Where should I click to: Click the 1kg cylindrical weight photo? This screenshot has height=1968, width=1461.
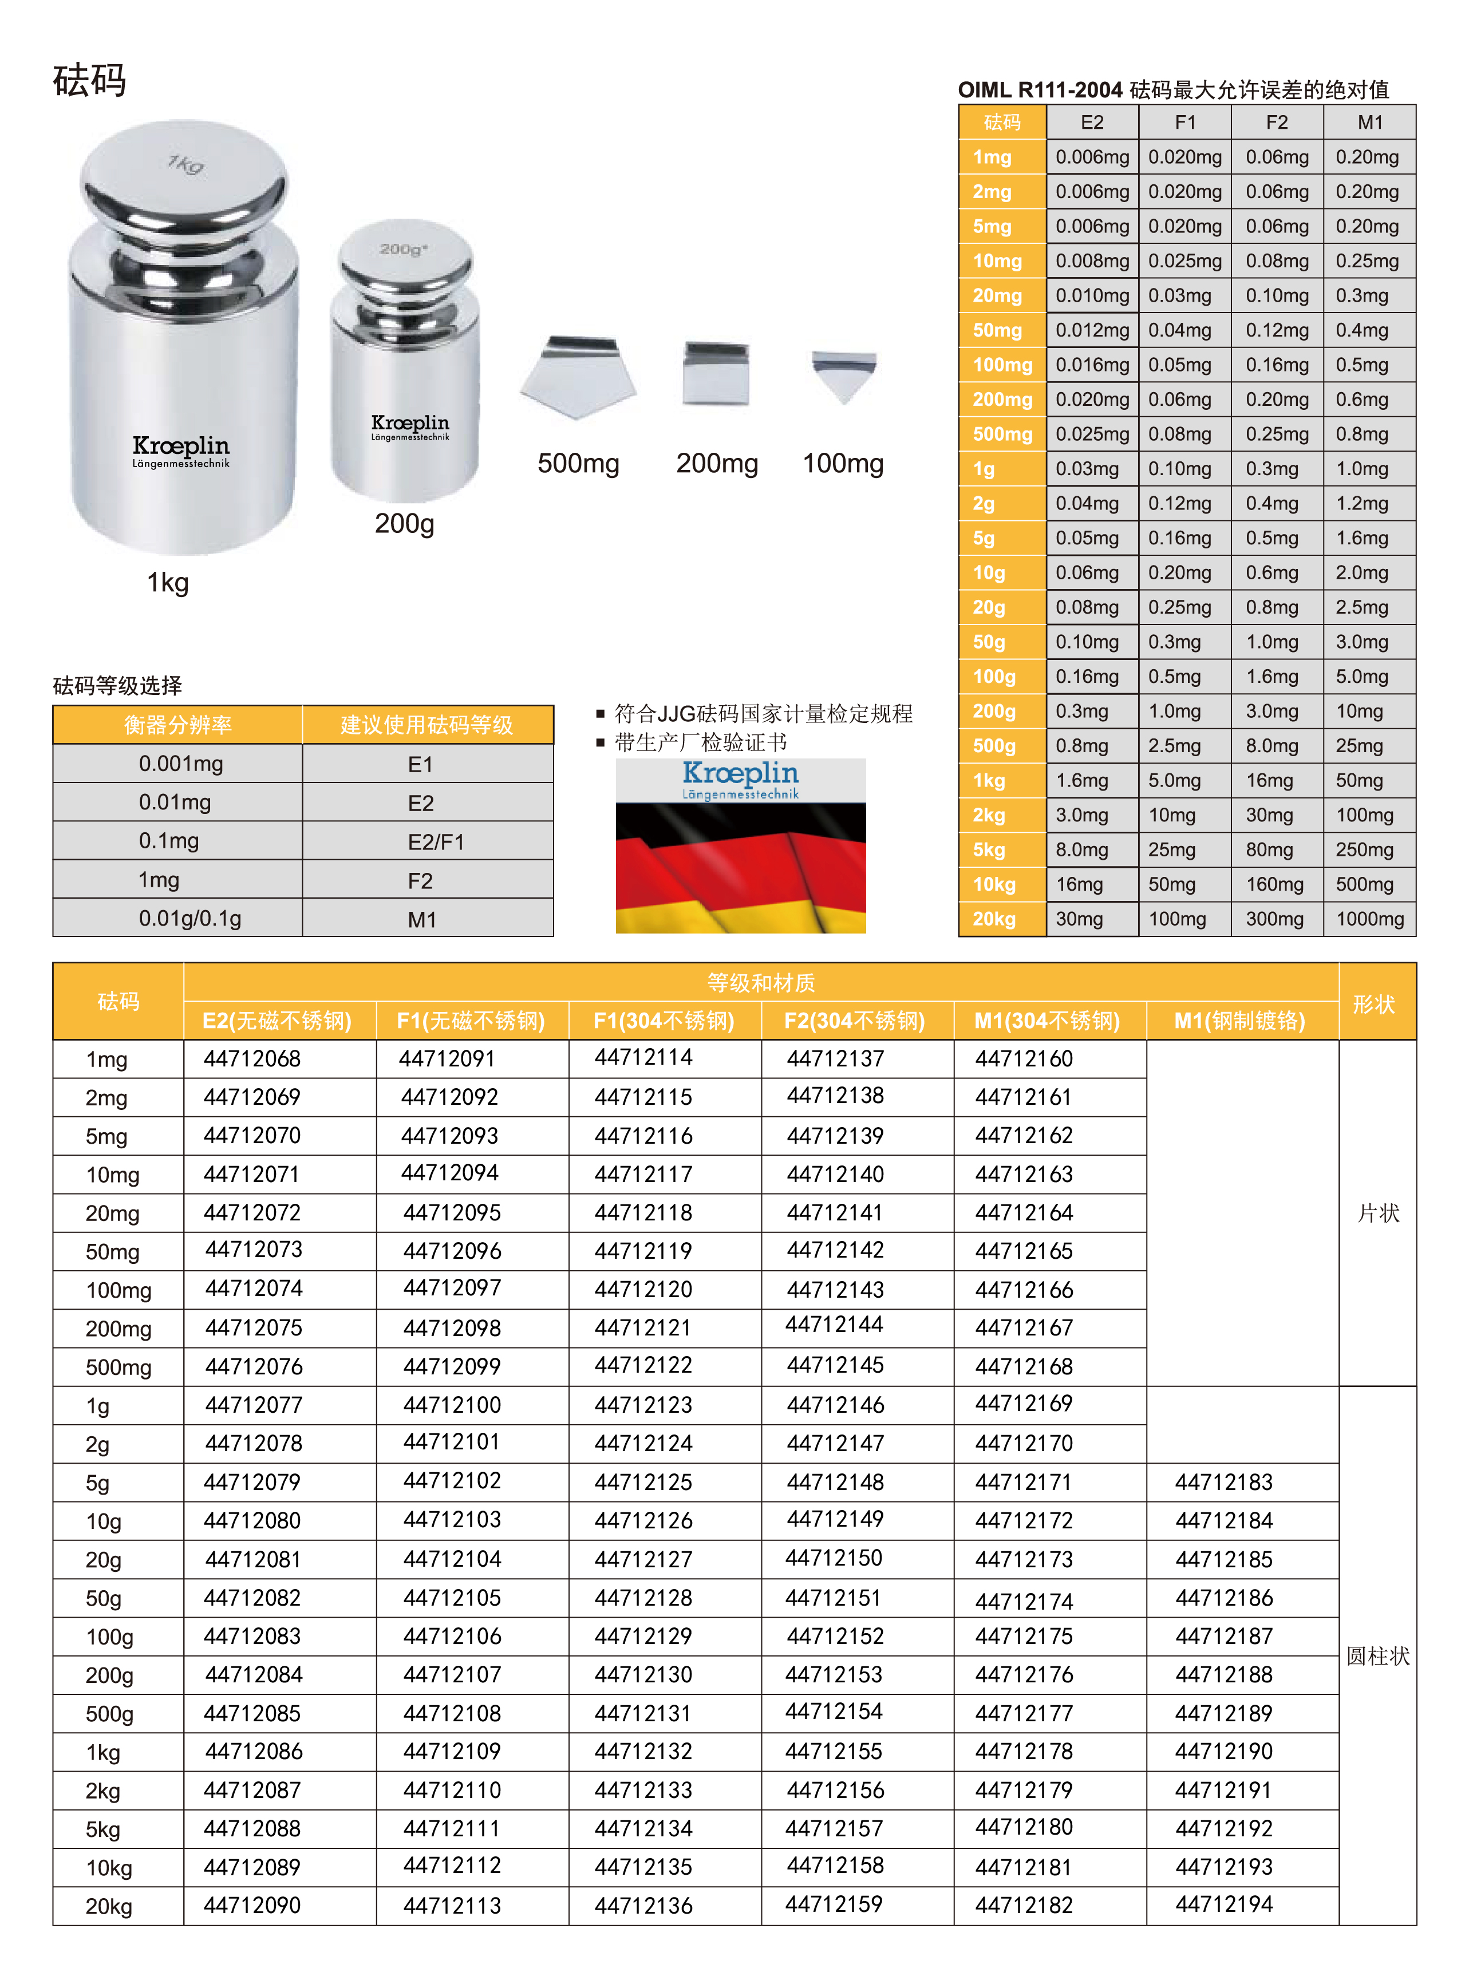pyautogui.click(x=183, y=341)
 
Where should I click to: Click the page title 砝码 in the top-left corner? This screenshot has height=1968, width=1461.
pyautogui.click(x=89, y=81)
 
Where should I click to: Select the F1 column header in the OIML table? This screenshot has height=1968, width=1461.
pyautogui.click(x=1185, y=122)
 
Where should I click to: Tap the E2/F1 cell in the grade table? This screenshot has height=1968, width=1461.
pyautogui.click(x=435, y=841)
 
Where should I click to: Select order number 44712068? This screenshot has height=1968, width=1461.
pyautogui.click(x=252, y=1058)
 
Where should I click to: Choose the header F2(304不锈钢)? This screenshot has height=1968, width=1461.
pyautogui.click(x=854, y=1021)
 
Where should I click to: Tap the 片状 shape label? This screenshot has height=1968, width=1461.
pyautogui.click(x=1378, y=1213)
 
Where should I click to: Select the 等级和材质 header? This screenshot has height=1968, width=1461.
pyautogui.click(x=761, y=982)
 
